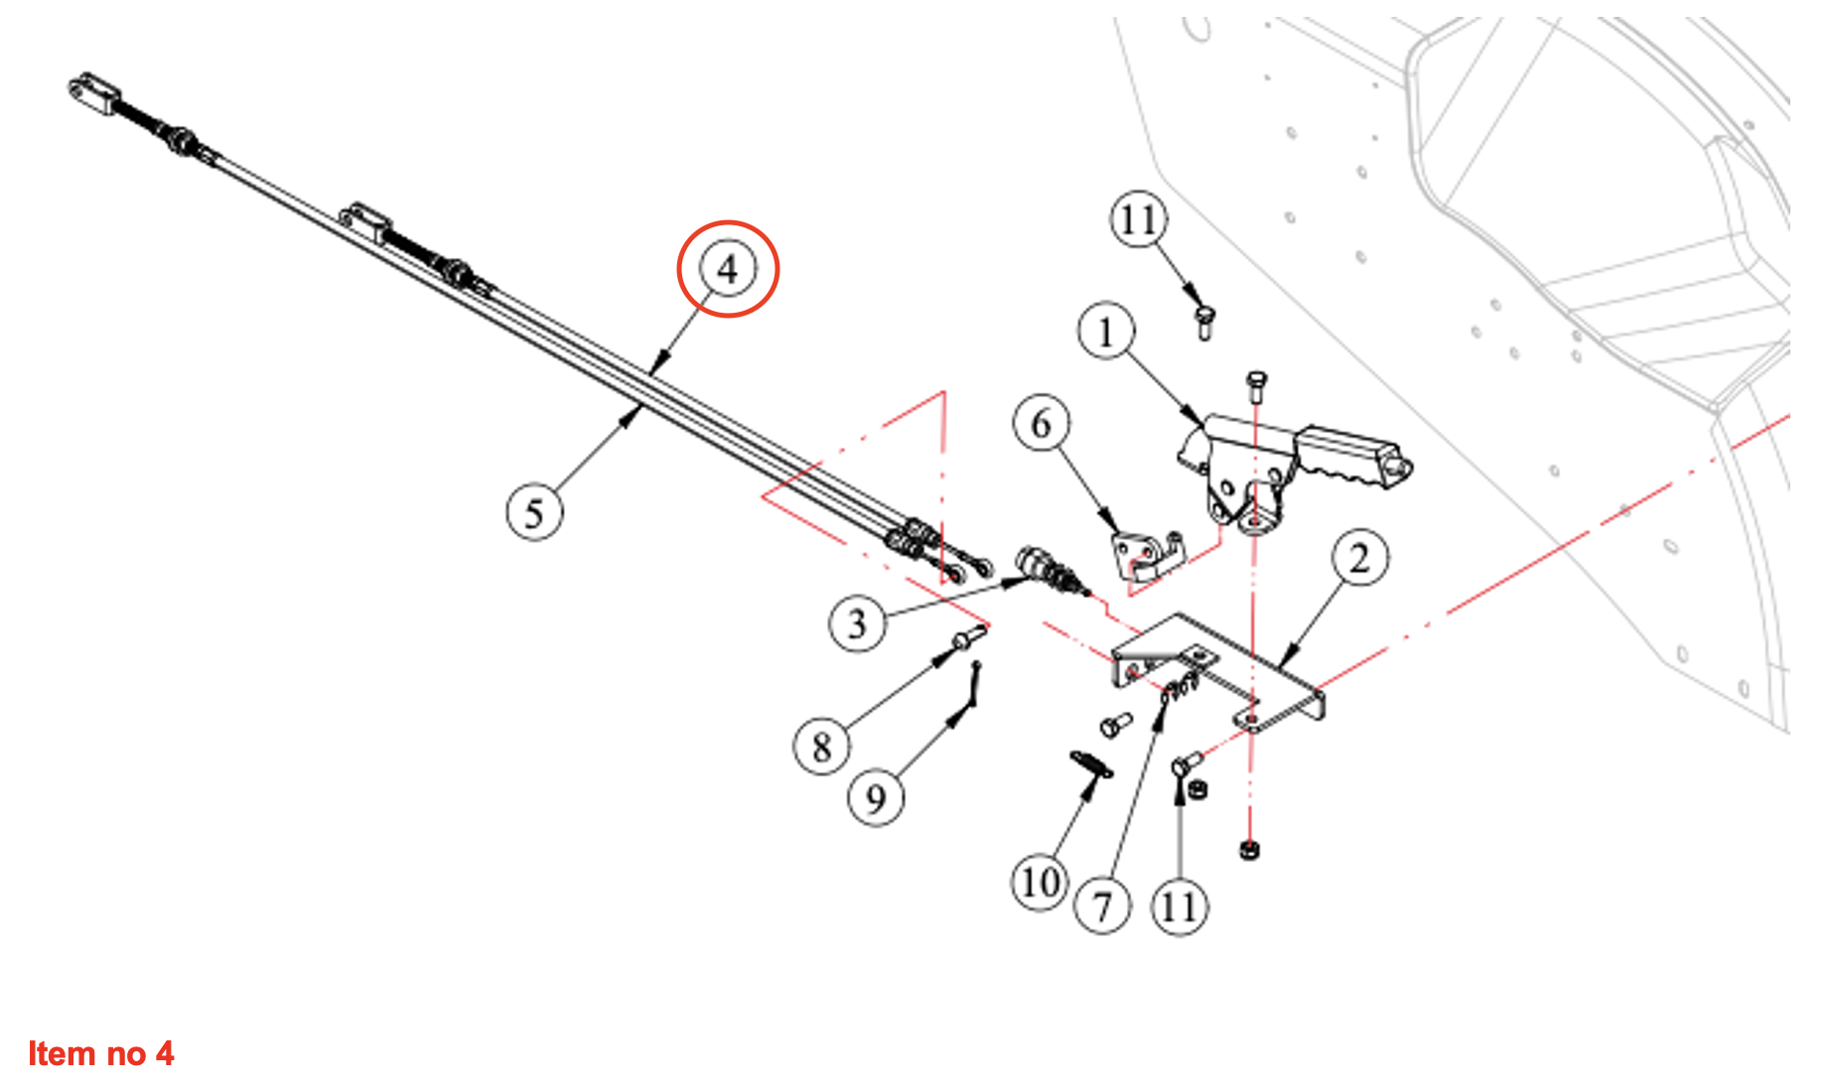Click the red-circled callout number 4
[x=728, y=269]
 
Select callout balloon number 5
[x=534, y=513]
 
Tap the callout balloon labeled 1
[x=1106, y=332]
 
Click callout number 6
[x=1041, y=424]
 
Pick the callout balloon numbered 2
[x=1359, y=558]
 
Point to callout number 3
[x=857, y=623]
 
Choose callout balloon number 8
[x=821, y=747]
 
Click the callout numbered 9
[x=876, y=798]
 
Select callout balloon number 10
[x=1040, y=882]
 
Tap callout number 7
[x=1102, y=905]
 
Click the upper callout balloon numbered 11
[x=1138, y=219]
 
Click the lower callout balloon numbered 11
[x=1179, y=905]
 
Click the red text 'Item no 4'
[x=101, y=1053]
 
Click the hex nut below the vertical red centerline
[x=1249, y=850]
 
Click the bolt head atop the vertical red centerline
[x=1256, y=382]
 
